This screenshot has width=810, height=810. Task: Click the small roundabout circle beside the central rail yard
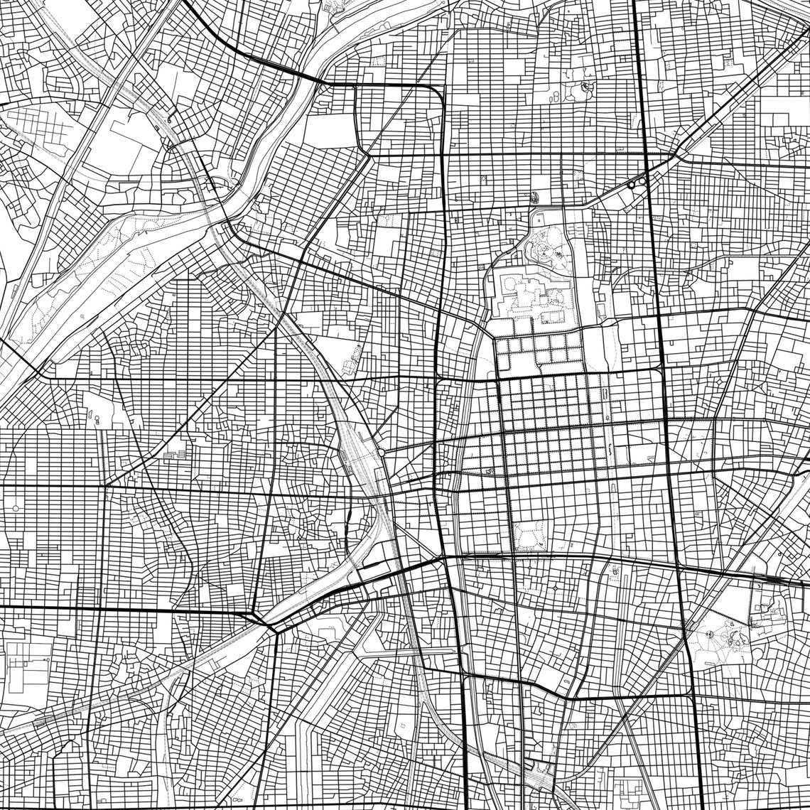382,451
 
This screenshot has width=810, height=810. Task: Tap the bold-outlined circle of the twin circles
631,185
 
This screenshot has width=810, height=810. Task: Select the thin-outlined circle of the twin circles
642,181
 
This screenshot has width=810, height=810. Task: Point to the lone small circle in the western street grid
16,509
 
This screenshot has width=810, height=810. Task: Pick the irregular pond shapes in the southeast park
739,639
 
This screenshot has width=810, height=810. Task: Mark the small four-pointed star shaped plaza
587,88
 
